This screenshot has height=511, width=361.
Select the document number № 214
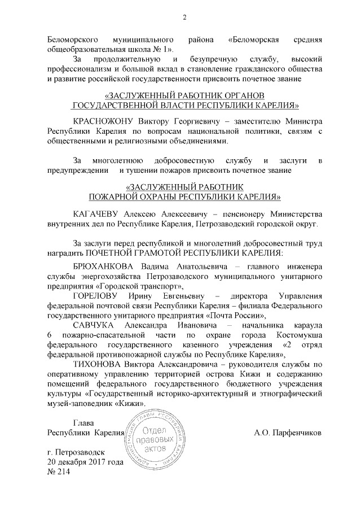(58, 471)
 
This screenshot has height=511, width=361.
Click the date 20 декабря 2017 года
(85, 462)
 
